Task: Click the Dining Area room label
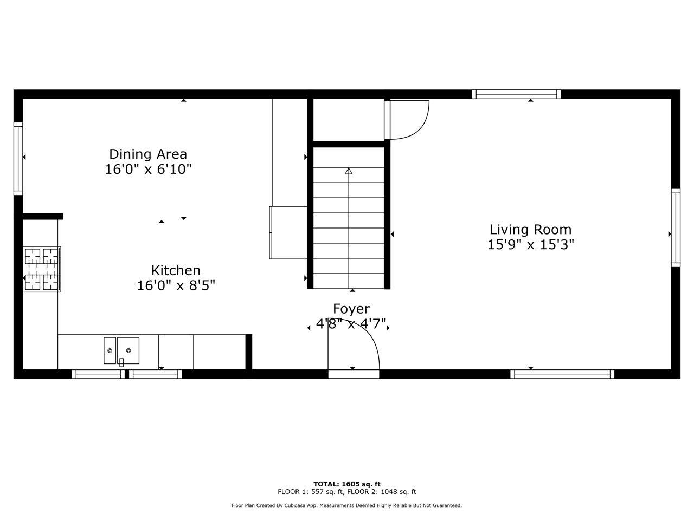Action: (x=148, y=154)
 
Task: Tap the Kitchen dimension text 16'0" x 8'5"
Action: (x=176, y=286)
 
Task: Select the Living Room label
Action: (x=531, y=230)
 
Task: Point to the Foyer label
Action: (x=351, y=309)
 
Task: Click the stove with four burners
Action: (x=42, y=269)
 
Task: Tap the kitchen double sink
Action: (x=121, y=351)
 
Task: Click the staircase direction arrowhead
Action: (x=349, y=171)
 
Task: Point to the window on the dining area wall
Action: (x=18, y=159)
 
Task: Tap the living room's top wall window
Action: (x=516, y=94)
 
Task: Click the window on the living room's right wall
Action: (x=676, y=228)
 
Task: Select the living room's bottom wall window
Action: (x=562, y=374)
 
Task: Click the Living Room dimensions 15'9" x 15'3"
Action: (x=531, y=245)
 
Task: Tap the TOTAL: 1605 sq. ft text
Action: (x=347, y=484)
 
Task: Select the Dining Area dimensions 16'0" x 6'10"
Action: (x=148, y=170)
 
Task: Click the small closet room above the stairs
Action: (x=349, y=120)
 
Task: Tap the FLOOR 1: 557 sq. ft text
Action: (x=311, y=492)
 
